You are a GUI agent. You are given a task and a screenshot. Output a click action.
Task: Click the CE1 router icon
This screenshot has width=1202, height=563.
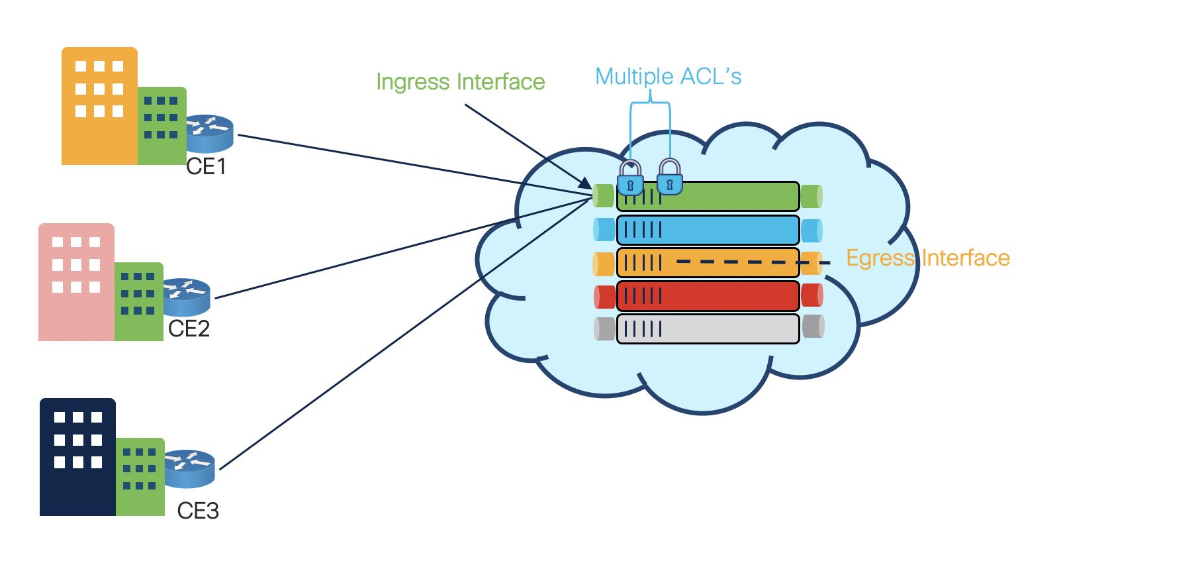[x=209, y=134]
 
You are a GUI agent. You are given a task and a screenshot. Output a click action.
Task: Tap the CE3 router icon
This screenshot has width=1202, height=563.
[x=189, y=468]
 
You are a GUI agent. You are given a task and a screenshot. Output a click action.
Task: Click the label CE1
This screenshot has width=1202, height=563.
[x=206, y=167]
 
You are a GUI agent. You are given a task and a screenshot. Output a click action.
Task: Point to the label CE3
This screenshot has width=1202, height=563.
[x=197, y=511]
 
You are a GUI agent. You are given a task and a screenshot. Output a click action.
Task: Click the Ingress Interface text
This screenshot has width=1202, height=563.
[x=460, y=82]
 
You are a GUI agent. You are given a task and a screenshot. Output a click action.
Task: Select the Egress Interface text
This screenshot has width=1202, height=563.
[x=928, y=258]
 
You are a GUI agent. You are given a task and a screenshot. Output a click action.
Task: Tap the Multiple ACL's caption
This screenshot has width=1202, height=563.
[x=668, y=77]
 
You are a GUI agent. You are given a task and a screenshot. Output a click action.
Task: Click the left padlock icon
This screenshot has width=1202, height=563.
[x=630, y=178]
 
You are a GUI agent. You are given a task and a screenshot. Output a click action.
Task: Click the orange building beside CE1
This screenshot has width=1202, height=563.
[x=99, y=106]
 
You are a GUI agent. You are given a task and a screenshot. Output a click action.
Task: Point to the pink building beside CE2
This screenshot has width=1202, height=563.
[x=76, y=282]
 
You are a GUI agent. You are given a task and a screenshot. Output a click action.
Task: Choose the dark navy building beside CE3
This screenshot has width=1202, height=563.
[x=77, y=457]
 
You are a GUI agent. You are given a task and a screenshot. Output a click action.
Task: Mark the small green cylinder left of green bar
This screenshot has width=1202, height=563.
[x=603, y=196]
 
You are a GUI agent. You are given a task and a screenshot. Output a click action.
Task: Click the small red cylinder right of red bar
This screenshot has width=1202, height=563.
[x=811, y=295]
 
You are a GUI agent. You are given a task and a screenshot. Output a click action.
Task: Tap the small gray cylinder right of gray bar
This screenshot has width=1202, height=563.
[x=813, y=327]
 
